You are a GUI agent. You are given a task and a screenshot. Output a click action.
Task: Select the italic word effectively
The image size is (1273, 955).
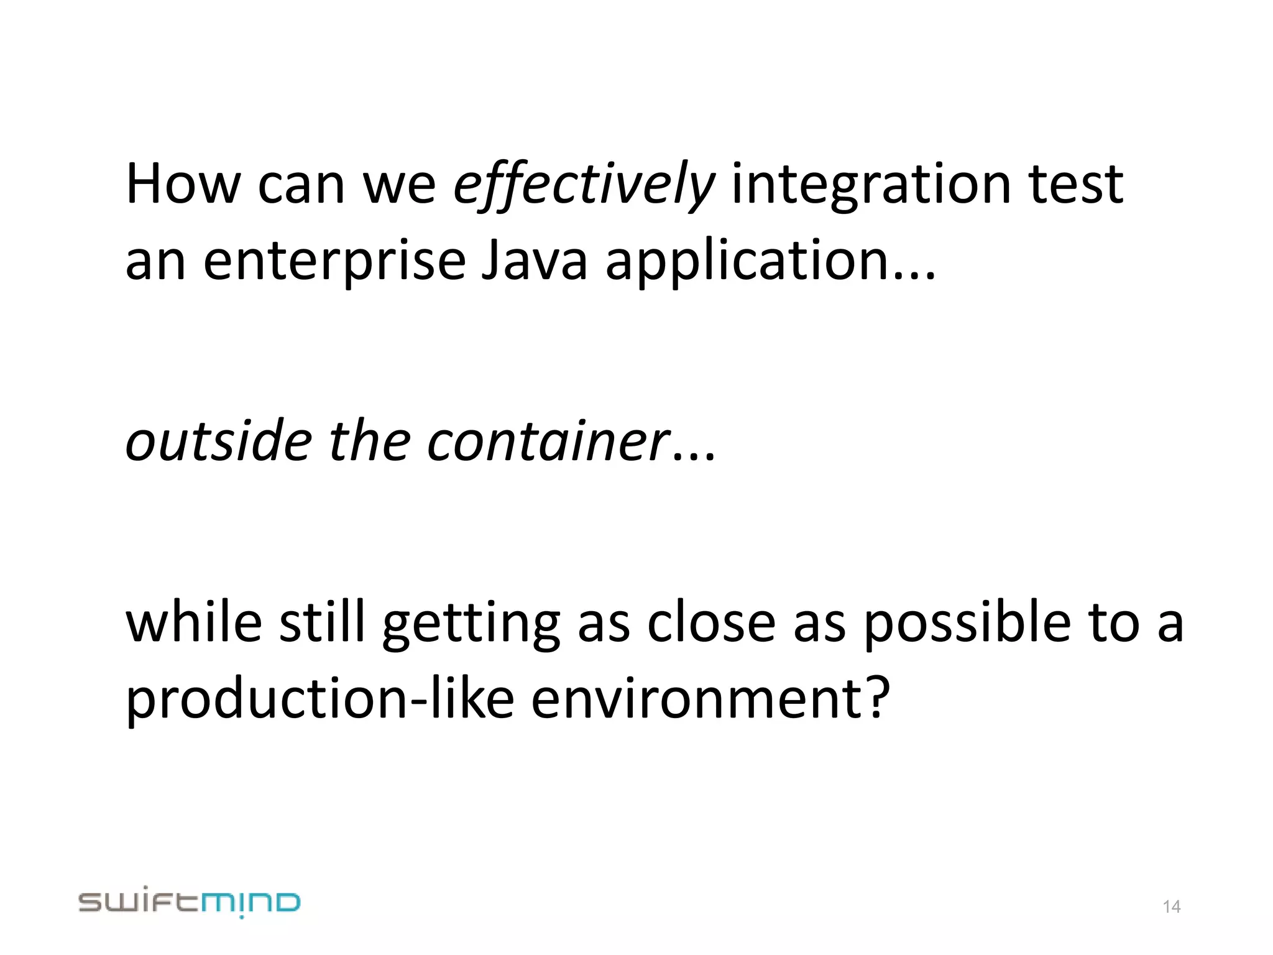[584, 184]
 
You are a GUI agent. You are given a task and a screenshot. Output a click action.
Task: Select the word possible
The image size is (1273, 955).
[967, 624]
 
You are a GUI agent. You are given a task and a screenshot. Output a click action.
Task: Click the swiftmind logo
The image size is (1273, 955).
[190, 903]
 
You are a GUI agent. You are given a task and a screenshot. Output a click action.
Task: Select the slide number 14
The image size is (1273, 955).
[1171, 907]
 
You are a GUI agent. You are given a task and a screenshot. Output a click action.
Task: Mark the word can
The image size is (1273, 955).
[301, 184]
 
